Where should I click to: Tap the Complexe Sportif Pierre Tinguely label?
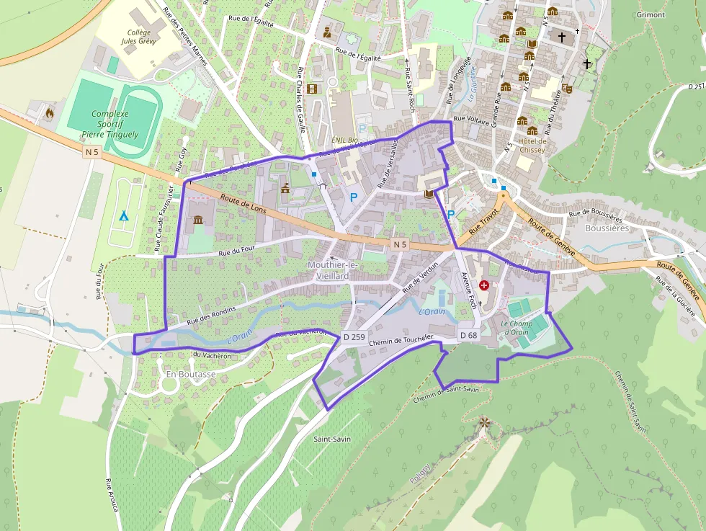pyautogui.click(x=110, y=124)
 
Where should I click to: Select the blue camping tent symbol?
pyautogui.click(x=123, y=215)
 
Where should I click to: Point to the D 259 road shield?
pyautogui.click(x=355, y=336)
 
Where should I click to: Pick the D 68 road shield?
pyautogui.click(x=468, y=335)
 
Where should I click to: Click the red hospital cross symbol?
pyautogui.click(x=483, y=285)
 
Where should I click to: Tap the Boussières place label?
pyautogui.click(x=607, y=228)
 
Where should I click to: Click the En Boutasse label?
pyautogui.click(x=190, y=375)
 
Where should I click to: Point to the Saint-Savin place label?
pyautogui.click(x=331, y=438)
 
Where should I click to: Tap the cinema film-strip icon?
pyautogui.click(x=311, y=89)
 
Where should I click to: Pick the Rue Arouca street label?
pyautogui.click(x=112, y=496)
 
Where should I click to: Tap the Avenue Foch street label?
pyautogui.click(x=468, y=288)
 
